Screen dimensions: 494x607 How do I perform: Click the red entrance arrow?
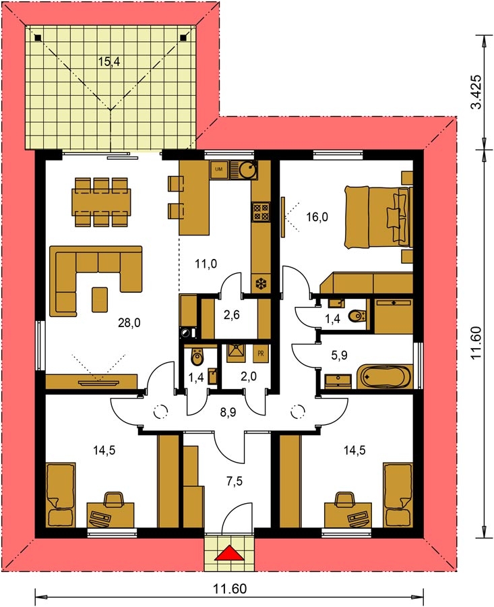[x=229, y=552]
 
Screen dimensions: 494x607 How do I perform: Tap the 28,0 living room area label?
[x=129, y=322]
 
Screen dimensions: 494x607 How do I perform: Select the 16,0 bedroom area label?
[x=317, y=217]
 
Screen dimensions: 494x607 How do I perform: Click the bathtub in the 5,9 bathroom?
[x=385, y=376]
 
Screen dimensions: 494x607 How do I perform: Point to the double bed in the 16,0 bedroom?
[x=378, y=216]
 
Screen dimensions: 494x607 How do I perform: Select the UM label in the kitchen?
[x=218, y=169]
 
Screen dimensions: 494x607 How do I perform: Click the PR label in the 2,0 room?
[x=261, y=353]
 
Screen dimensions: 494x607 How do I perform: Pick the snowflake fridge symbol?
[x=261, y=284]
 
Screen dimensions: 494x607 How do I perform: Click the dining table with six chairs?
[x=101, y=202]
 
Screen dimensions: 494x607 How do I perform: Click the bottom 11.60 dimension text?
[x=230, y=589]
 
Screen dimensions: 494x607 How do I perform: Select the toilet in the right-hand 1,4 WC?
[x=357, y=317]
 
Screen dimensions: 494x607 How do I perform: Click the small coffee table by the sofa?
[x=100, y=299]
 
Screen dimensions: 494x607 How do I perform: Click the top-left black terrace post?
[x=38, y=38]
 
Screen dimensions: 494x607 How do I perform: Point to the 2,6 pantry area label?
[x=231, y=315]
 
